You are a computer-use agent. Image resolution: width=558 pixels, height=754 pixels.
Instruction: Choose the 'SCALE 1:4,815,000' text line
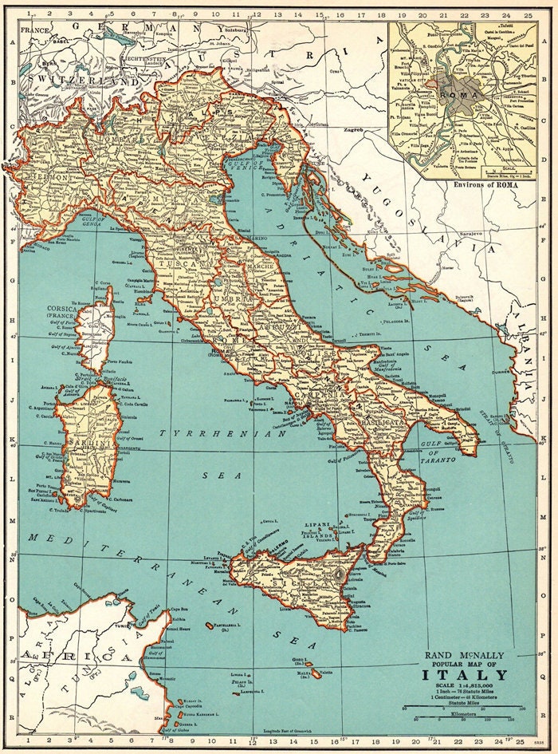point(464,687)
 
